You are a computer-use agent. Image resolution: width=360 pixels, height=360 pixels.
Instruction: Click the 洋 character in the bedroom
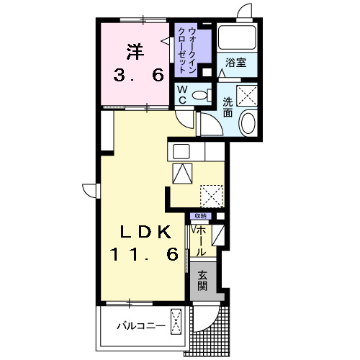pos(135,51)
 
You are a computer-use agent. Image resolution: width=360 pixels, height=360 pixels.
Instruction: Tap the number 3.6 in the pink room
pos(136,74)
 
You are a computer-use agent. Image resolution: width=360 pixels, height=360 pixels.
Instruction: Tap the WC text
pos(182,93)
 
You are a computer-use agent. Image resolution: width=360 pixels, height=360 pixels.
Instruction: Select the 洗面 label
pos(228,107)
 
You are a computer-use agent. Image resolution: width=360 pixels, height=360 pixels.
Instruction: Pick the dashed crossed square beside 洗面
pos(247,95)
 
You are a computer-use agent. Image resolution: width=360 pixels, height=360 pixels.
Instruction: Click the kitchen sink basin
pos(181,152)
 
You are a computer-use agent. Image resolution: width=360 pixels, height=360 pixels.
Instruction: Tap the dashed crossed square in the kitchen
pos(212,194)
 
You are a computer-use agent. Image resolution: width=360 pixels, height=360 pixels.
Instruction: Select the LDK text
pos(145,232)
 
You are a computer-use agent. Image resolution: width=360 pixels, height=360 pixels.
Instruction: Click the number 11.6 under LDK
pos(144,255)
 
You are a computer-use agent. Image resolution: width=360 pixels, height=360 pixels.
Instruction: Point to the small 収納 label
pos(199,216)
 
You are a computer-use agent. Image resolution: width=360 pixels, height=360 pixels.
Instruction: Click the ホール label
pos(200,239)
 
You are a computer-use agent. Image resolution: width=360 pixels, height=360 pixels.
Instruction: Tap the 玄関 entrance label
pos(202,279)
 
